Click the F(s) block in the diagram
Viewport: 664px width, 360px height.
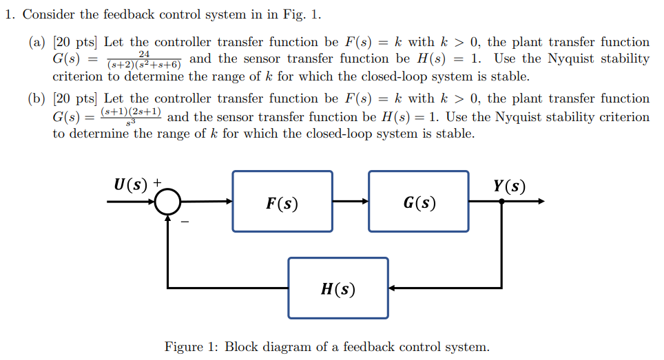coord(282,202)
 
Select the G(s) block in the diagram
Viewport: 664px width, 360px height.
coord(418,202)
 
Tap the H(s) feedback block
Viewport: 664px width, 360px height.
coord(338,288)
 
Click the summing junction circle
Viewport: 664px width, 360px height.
coord(167,202)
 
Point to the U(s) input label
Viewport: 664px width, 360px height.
coord(131,184)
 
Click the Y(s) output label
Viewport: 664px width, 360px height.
coord(509,186)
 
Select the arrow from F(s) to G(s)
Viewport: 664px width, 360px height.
coord(351,202)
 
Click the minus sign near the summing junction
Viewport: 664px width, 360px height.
coord(184,222)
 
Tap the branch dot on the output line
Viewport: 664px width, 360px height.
coord(501,202)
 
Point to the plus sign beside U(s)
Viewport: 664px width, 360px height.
coord(157,183)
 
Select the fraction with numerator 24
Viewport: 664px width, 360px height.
coord(145,60)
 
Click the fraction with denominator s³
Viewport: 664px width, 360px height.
coord(131,116)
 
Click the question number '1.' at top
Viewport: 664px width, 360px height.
coord(10,14)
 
